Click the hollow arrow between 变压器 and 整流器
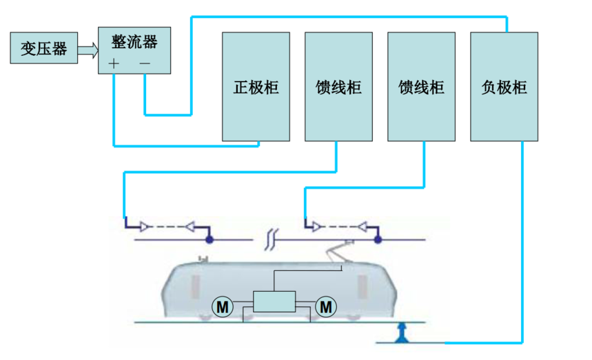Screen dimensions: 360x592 click(87, 49)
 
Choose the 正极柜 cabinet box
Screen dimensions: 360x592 click(256, 86)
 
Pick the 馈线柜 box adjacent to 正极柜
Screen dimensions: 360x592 click(338, 86)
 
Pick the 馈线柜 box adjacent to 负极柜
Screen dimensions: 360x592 click(421, 86)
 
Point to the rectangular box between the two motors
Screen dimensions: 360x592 click(274, 303)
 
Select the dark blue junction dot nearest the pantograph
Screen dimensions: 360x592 click(378, 240)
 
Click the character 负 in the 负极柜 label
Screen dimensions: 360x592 click(489, 88)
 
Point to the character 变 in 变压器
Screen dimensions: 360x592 click(28, 49)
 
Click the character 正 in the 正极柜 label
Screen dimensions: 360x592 click(241, 88)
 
